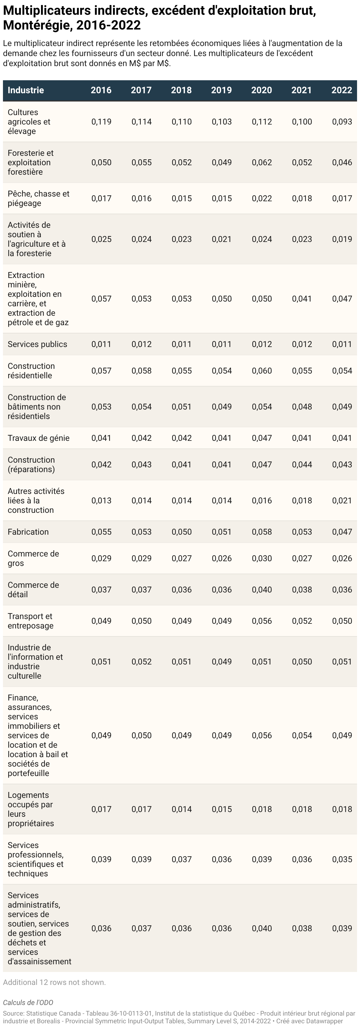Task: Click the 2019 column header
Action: (222, 90)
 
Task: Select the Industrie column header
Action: (26, 90)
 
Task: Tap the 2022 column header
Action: (342, 90)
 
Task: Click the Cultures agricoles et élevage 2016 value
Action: (102, 122)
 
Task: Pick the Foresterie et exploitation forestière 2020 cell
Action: (262, 162)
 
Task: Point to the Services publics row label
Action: (37, 344)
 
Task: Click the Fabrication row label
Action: (28, 532)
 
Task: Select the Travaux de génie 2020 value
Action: (262, 438)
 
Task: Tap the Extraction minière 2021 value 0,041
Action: (302, 299)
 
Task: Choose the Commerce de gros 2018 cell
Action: (181, 558)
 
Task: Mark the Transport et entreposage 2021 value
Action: (302, 621)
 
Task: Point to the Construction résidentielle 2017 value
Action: (142, 371)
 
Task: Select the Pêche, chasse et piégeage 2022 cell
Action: (342, 198)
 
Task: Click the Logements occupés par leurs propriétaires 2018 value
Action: (181, 809)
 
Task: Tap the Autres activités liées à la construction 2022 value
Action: (342, 500)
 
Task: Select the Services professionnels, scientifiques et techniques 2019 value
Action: (222, 859)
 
